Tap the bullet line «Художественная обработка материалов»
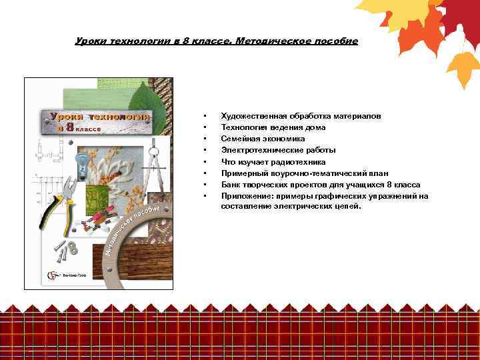pyautogui.click(x=301, y=116)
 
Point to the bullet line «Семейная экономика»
pyautogui.click(x=263, y=139)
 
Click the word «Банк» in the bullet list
pyautogui.click(x=231, y=184)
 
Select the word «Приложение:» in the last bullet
pyautogui.click(x=244, y=195)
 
